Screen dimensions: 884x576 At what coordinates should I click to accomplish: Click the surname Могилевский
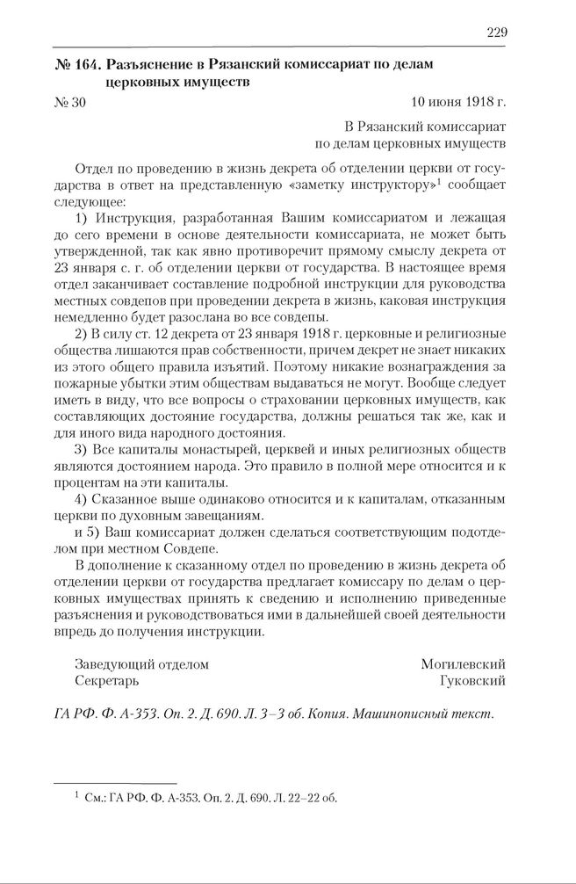463,664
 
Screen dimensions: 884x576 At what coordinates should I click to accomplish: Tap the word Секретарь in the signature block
107,681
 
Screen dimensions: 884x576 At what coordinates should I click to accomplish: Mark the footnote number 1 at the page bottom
78,795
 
